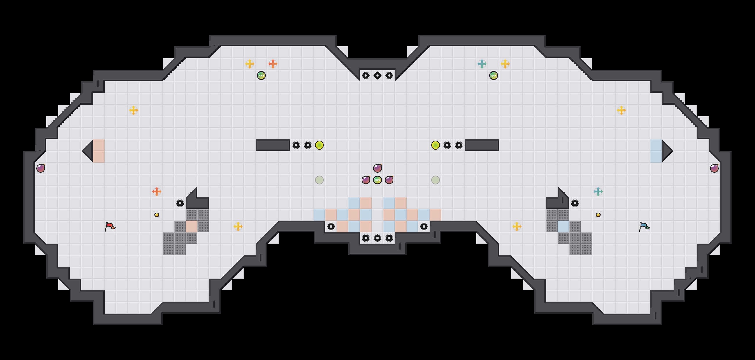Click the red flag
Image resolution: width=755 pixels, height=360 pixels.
(109, 226)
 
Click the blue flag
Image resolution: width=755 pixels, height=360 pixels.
(644, 226)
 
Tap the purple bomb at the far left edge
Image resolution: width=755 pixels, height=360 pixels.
(41, 168)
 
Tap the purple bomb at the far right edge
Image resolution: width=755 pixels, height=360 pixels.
(714, 168)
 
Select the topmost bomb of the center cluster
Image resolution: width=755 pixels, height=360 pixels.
(378, 168)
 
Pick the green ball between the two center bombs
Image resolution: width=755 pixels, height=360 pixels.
(378, 180)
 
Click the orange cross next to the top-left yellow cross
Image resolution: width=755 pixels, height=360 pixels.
(273, 64)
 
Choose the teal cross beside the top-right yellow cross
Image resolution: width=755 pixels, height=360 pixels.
(482, 64)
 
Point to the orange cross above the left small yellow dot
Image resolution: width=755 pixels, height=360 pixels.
(157, 192)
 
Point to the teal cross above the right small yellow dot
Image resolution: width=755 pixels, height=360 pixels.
(598, 192)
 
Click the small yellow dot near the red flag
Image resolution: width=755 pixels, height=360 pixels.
(157, 215)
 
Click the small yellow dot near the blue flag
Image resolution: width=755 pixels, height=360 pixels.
(598, 215)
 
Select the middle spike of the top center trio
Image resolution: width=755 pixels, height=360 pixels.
(378, 75)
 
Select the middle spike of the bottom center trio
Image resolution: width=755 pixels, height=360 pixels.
(378, 238)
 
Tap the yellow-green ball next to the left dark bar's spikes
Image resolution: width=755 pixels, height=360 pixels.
(319, 145)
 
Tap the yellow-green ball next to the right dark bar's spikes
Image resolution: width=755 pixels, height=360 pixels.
(436, 145)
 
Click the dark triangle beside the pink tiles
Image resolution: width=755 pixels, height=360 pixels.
(88, 151)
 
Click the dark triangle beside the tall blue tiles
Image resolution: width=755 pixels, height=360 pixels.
(666, 151)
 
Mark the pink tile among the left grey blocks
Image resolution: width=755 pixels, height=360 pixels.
(192, 226)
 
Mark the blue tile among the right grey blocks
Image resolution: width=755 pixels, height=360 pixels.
(563, 226)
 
